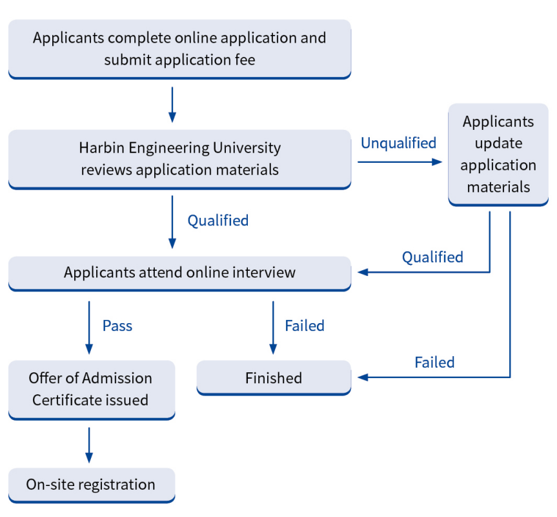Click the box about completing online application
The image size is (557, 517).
click(179, 48)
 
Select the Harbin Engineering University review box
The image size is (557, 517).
click(179, 158)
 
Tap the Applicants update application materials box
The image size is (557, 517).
click(498, 154)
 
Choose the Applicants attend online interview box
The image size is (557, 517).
click(179, 272)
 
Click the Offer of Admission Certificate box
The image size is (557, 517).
click(91, 389)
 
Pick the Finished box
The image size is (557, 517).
click(274, 378)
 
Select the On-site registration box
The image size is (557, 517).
click(91, 484)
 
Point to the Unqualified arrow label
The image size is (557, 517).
click(398, 143)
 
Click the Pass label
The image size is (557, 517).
click(117, 326)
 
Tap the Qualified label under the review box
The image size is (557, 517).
click(218, 220)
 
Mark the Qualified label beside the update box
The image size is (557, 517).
click(432, 257)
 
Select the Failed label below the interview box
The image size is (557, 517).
click(305, 326)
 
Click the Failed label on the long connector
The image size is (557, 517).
click(434, 363)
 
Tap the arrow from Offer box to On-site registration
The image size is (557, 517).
click(89, 445)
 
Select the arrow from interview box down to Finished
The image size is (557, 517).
click(273, 326)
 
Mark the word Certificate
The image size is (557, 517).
click(63, 400)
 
